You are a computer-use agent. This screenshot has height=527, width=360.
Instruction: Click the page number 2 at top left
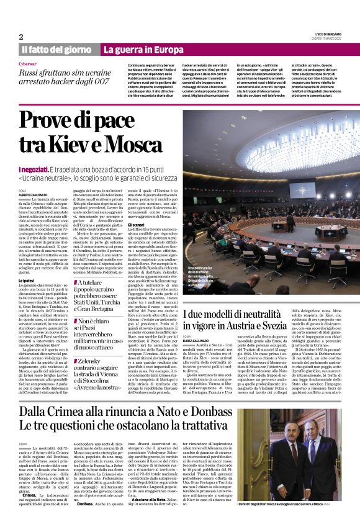[21, 37]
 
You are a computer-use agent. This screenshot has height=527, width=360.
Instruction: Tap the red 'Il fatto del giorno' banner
[56, 49]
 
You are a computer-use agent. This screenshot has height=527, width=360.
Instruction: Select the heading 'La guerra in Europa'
[143, 49]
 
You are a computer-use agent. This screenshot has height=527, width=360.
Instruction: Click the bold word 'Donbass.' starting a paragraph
[88, 504]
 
